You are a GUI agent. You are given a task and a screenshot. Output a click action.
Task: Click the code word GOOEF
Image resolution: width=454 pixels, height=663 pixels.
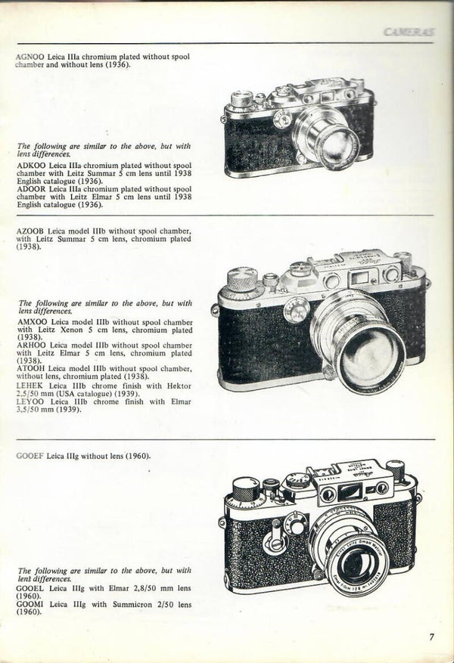coord(30,456)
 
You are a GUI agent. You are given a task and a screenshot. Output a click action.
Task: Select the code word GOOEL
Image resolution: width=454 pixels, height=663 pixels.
coord(30,588)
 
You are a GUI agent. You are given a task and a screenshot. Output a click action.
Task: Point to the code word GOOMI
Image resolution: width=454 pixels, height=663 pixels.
coord(30,605)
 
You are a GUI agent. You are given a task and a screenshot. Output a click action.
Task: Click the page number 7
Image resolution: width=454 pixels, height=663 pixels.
coord(431,637)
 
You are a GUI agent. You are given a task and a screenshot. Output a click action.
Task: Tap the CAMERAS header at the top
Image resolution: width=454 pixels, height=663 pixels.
coord(409,33)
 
